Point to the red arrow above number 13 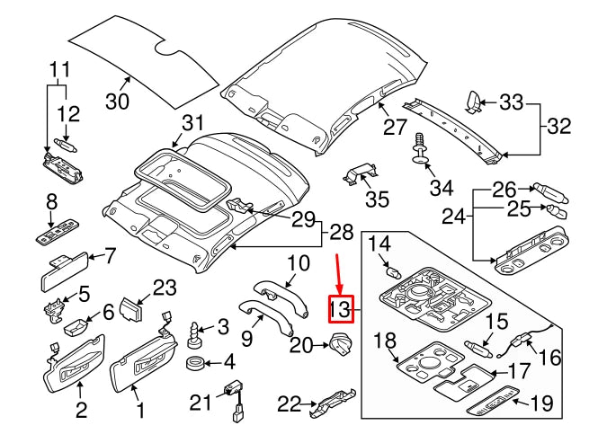[338, 273]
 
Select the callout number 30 [118, 102]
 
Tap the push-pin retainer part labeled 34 [419, 149]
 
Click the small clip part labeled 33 [473, 102]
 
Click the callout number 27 [395, 128]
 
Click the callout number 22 [289, 403]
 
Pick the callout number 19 [541, 403]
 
